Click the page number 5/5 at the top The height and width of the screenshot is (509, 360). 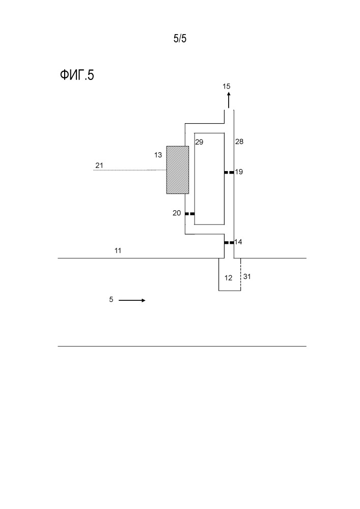click(x=180, y=39)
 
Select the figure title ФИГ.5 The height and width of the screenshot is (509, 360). click(x=77, y=75)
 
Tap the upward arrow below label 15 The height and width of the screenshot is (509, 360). click(x=229, y=100)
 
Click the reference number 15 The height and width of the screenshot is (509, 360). click(x=226, y=86)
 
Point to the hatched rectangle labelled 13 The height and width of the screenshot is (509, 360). click(x=178, y=170)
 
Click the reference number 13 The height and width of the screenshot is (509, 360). click(x=158, y=155)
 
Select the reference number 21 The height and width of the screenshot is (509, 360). click(x=99, y=165)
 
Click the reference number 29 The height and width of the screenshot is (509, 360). click(x=199, y=142)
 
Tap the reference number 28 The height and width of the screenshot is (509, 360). click(x=239, y=142)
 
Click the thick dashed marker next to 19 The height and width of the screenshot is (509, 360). click(x=229, y=173)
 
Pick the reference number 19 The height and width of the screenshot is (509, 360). click(x=239, y=172)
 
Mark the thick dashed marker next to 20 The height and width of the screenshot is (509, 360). click(x=189, y=214)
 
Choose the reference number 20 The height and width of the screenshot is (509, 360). click(x=177, y=213)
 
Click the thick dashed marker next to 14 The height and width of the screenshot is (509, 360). click(x=229, y=242)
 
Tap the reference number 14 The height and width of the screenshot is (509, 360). click(x=238, y=242)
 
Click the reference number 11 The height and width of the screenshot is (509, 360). click(x=118, y=250)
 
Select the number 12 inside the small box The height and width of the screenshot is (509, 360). click(x=229, y=278)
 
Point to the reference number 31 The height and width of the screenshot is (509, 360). click(x=247, y=276)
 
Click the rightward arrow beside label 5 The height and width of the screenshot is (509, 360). click(x=132, y=300)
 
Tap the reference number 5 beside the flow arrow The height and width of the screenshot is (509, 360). click(x=111, y=299)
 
